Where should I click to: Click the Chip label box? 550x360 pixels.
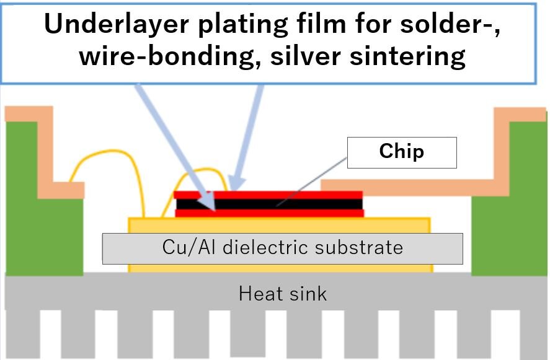(401, 152)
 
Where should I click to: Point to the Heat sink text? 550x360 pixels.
(282, 292)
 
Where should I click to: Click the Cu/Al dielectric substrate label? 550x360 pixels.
(282, 248)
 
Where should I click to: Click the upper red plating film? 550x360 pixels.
(291, 194)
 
